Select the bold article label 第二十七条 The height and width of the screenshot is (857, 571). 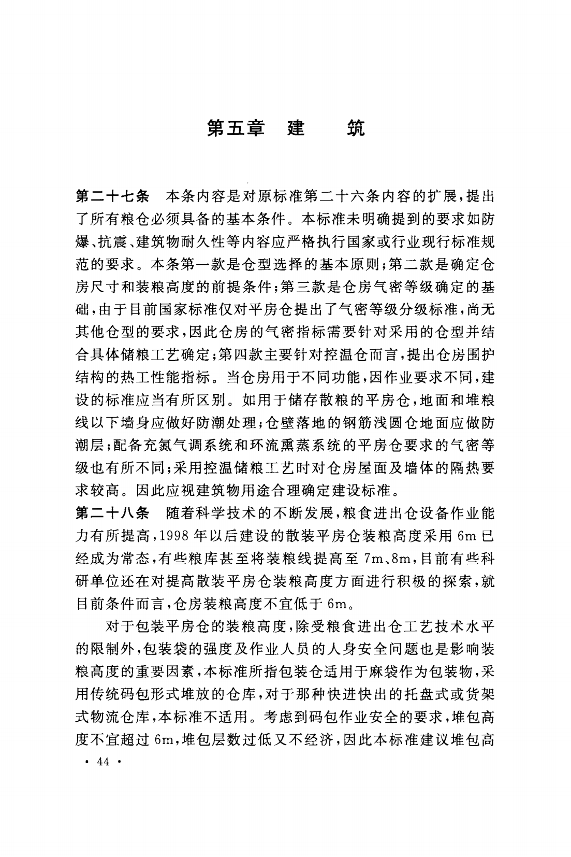click(x=112, y=197)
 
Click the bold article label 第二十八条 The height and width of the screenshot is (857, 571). click(x=112, y=513)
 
